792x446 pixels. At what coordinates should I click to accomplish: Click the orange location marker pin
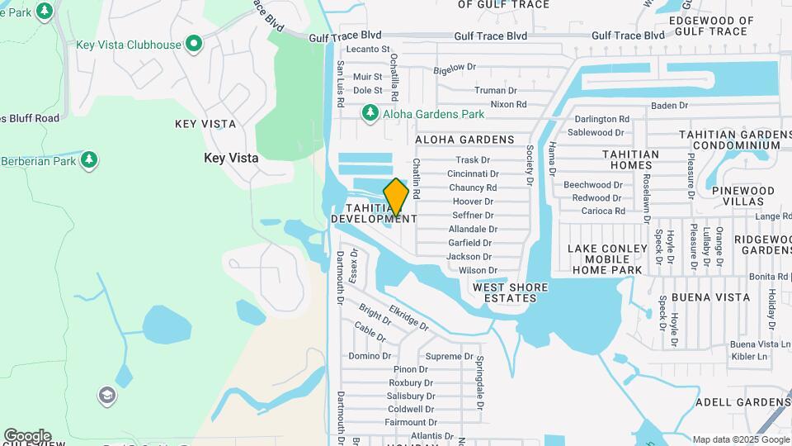[x=396, y=197]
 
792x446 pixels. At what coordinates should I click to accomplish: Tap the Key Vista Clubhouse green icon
[x=194, y=44]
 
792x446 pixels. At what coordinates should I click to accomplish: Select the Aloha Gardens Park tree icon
[x=370, y=112]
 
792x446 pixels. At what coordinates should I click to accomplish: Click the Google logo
[x=26, y=436]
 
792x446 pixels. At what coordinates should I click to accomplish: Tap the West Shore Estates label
[x=510, y=292]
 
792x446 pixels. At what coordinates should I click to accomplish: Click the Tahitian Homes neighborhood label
[x=630, y=159]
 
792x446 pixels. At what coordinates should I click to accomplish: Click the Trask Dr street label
[x=473, y=160]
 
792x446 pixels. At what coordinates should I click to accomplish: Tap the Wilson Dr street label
[x=478, y=270]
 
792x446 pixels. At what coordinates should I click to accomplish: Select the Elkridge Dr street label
[x=409, y=318]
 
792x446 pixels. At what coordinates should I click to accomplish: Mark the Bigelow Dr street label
[x=455, y=67]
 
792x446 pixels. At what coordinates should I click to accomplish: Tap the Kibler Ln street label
[x=749, y=356]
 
